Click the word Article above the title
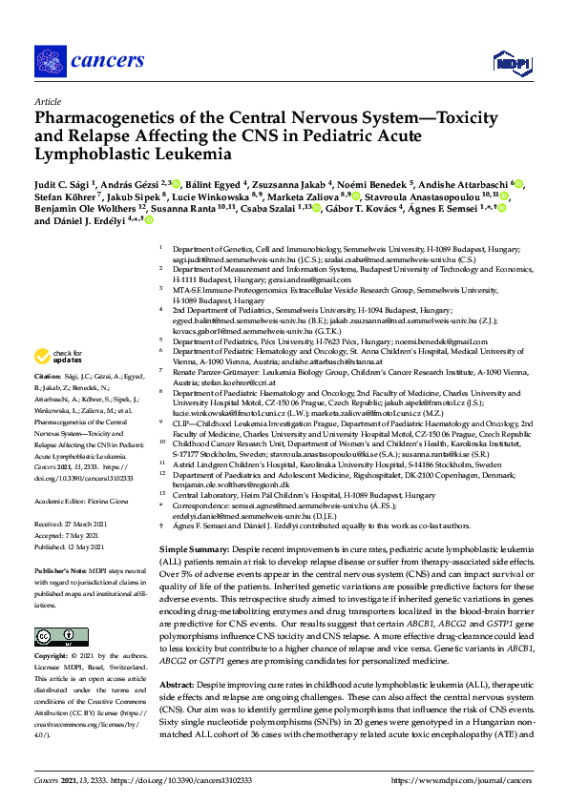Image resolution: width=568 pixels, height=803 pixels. (48, 101)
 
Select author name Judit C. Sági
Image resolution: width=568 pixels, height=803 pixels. (66, 184)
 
